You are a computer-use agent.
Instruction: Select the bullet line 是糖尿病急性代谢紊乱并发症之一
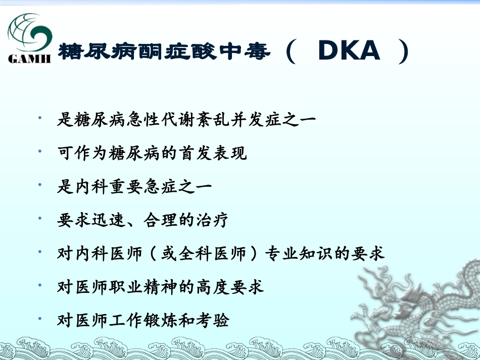186,120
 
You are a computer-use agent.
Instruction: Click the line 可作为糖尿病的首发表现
152,153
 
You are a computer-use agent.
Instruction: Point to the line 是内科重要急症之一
134,187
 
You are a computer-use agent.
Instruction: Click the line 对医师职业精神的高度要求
161,287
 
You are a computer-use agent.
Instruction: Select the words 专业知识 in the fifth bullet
308,253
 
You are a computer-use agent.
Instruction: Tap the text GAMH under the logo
30,59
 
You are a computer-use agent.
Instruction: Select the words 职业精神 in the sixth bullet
143,287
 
